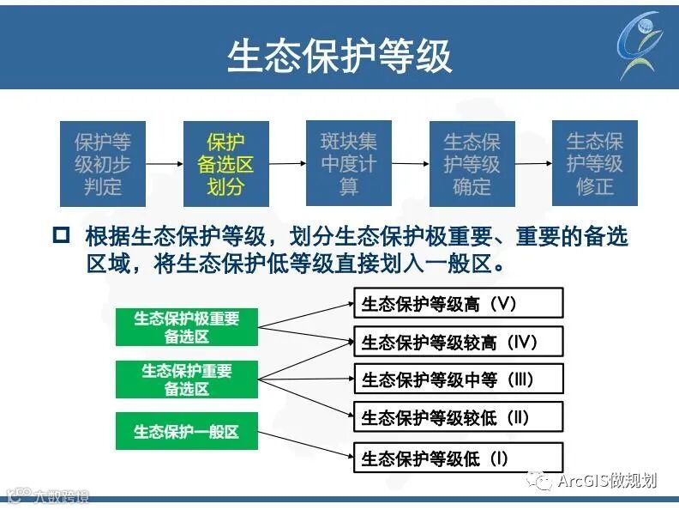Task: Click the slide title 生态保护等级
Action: click(x=339, y=55)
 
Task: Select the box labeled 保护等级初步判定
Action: click(x=103, y=163)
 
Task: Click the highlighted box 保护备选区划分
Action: click(x=226, y=163)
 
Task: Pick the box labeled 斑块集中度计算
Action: click(x=349, y=163)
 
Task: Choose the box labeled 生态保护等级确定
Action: click(x=472, y=163)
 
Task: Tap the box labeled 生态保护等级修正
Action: click(x=594, y=163)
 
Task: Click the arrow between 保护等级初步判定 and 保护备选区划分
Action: click(x=165, y=163)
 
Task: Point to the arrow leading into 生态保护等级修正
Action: click(x=533, y=163)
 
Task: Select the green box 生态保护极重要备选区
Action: click(x=187, y=327)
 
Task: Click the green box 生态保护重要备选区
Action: click(x=187, y=379)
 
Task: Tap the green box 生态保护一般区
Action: click(x=187, y=431)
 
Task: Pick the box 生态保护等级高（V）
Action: click(x=459, y=303)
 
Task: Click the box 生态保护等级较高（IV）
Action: click(x=459, y=342)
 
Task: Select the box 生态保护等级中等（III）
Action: click(x=459, y=379)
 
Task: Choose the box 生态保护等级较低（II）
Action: click(x=459, y=418)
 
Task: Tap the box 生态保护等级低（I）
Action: click(x=459, y=458)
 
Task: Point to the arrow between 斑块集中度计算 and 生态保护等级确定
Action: click(x=411, y=163)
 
